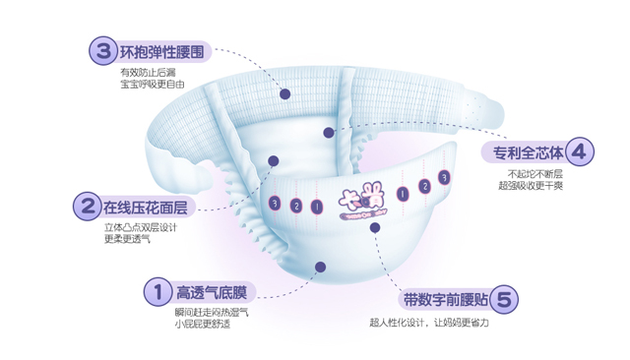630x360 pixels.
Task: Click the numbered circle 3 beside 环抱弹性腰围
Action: pos(101,50)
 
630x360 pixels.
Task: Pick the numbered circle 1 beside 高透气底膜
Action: pos(156,291)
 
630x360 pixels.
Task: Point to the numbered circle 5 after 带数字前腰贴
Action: pos(502,298)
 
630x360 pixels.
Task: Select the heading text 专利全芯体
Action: pos(528,153)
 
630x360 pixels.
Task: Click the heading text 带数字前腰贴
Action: pos(444,298)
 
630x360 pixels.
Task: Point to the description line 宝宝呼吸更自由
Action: pos(152,86)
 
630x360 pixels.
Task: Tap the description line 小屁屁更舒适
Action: pos(203,324)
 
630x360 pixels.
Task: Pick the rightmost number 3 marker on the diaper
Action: pos(445,177)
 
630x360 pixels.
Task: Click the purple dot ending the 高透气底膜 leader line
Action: pos(320,267)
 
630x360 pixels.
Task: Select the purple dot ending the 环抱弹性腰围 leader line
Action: pos(284,93)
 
